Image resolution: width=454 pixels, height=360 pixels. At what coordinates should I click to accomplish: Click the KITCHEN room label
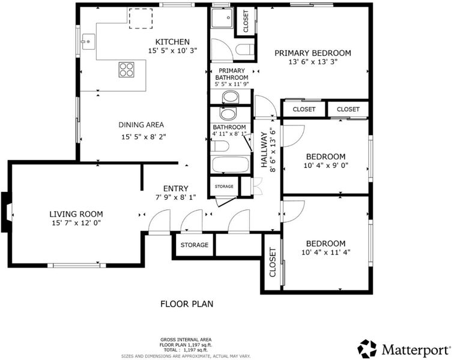click(172, 41)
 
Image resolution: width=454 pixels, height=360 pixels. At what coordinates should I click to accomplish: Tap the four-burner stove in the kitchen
click(127, 70)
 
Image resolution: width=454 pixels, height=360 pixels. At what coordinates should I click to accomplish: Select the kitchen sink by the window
click(88, 41)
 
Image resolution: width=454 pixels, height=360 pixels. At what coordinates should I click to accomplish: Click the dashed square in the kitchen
click(141, 19)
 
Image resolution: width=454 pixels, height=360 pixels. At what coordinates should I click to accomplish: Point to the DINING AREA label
click(141, 125)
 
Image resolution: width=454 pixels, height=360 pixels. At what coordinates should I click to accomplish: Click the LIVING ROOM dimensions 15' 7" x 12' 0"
click(76, 223)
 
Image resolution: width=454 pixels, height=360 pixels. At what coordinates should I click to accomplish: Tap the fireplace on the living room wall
click(7, 212)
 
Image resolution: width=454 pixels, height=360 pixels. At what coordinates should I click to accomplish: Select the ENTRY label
click(176, 188)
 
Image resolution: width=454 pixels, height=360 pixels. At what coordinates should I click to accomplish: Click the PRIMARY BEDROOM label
click(313, 53)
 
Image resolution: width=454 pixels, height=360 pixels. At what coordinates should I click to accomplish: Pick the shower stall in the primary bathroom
click(222, 18)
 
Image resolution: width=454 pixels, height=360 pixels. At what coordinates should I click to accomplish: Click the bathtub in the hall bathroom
click(231, 164)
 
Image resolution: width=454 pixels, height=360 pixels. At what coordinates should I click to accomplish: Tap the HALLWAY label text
click(264, 149)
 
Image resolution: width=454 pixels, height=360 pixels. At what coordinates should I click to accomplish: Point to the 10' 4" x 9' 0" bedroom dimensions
click(325, 166)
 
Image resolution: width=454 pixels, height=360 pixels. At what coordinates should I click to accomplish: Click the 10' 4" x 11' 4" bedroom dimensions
click(326, 253)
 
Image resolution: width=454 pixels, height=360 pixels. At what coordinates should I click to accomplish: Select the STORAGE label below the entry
click(195, 245)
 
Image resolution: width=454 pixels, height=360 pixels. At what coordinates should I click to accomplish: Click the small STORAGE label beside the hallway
click(224, 187)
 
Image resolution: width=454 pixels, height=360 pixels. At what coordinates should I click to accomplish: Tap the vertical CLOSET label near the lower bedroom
click(273, 262)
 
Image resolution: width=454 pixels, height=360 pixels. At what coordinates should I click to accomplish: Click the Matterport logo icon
click(367, 349)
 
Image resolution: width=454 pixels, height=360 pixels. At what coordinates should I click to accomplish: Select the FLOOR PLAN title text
click(187, 304)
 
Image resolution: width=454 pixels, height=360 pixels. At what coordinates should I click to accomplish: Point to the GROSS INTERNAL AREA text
click(186, 340)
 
